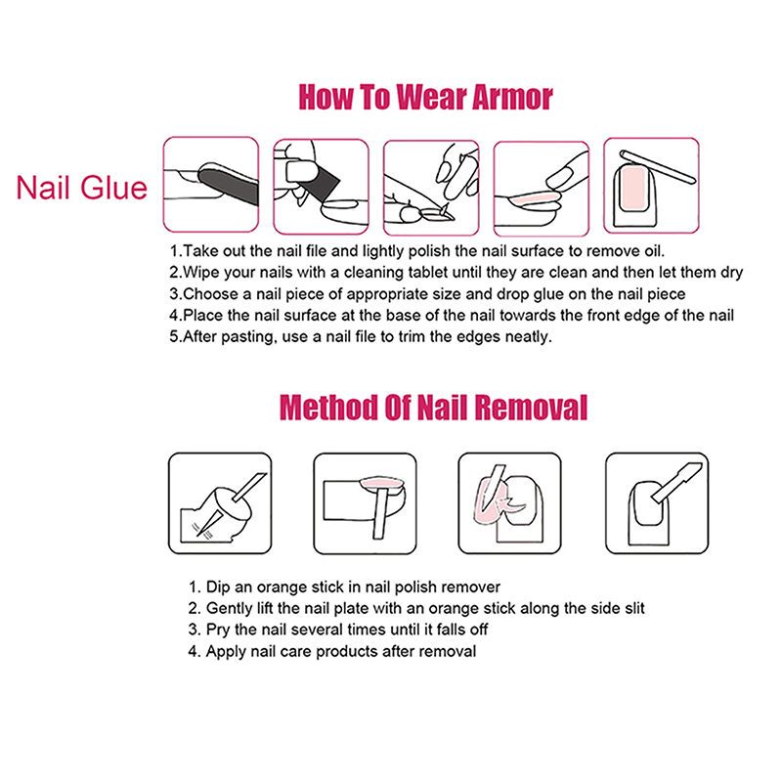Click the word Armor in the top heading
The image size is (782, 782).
point(512,97)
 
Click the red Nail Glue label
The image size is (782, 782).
point(82,188)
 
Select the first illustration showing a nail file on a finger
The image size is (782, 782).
point(211,185)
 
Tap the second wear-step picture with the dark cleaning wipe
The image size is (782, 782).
point(322,187)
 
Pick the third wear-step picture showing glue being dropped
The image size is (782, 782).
point(431,188)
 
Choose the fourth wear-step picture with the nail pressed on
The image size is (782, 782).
point(542,189)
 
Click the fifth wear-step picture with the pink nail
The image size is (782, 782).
point(651,186)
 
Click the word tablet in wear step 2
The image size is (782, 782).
point(409,273)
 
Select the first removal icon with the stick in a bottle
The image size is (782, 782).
point(220,503)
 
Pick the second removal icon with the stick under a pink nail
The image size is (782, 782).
point(365,503)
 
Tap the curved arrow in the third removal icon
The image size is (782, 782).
point(512,501)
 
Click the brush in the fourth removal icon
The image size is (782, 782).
point(677,482)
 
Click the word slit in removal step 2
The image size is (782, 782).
point(630,608)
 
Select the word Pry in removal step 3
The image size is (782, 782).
point(218,630)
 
